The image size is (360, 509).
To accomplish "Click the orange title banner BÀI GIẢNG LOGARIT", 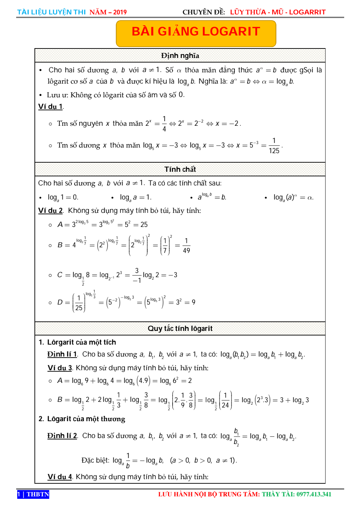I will [x=196, y=32].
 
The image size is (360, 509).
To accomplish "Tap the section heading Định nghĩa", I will [x=180, y=56].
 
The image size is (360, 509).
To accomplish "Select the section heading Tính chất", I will [x=180, y=169].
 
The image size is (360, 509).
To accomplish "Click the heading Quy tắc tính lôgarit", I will [x=180, y=328].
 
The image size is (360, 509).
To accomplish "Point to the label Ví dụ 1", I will [x=51, y=106].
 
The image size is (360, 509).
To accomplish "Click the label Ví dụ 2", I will [x=51, y=210].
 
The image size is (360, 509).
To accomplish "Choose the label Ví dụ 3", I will [x=60, y=368].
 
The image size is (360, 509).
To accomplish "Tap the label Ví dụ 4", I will [x=60, y=477].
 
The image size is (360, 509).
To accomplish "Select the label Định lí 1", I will [x=62, y=354].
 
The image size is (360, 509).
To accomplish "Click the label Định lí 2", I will [x=62, y=436].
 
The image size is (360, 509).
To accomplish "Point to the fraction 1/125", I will [x=274, y=146].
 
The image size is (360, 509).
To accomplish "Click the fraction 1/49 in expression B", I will [x=186, y=246].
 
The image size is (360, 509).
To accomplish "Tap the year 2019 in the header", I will [x=120, y=12].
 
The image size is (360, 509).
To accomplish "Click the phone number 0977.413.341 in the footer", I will [x=314, y=494].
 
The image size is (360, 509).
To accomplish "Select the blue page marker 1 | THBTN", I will [x=33, y=494].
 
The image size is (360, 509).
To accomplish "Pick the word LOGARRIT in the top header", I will [x=307, y=12].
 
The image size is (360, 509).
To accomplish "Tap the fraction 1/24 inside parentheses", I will [x=225, y=400].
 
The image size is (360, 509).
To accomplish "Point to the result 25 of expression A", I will [x=144, y=224].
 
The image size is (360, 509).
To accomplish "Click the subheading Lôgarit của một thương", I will [x=86, y=419].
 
